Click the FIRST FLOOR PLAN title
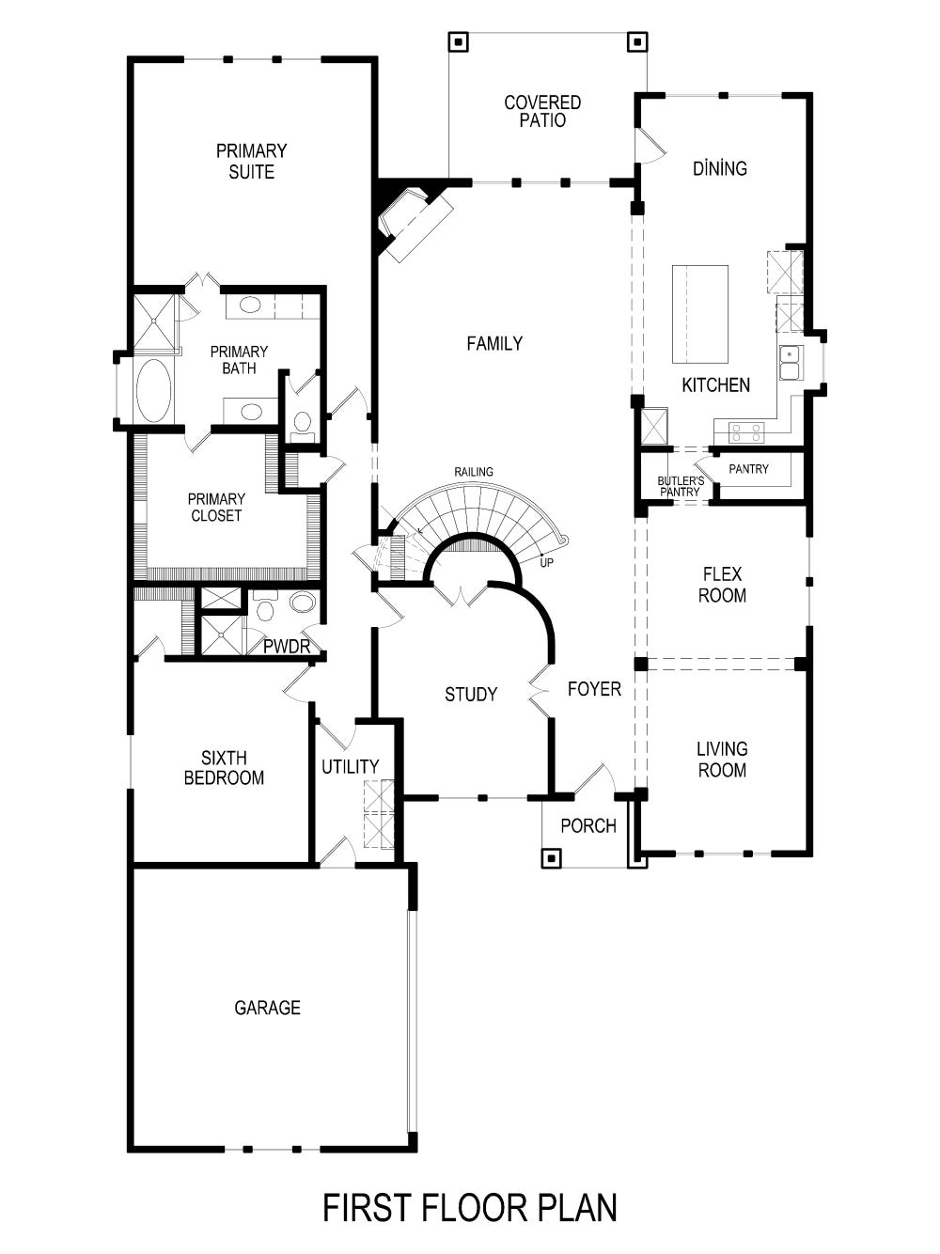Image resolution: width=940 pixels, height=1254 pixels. coord(470,1207)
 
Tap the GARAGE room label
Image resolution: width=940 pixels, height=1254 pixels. coord(267,1008)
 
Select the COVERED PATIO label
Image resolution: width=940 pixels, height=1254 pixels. coord(542,111)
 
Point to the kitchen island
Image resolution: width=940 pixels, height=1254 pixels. coord(699,314)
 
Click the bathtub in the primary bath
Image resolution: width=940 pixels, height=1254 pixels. coord(153,390)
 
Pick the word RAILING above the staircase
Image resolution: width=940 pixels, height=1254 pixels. coord(474,472)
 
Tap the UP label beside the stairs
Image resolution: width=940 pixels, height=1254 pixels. coord(546,562)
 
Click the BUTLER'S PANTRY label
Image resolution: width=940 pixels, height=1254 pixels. coord(680,486)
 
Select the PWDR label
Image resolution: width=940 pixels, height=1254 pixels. coord(287,647)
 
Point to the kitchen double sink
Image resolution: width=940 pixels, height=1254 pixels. coord(790,362)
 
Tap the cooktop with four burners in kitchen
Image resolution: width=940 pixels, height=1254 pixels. coord(747,432)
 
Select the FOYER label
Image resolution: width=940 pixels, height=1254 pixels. coord(594,689)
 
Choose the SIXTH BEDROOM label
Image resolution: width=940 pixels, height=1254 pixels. coord(224,768)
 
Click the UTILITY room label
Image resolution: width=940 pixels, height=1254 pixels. coord(350,767)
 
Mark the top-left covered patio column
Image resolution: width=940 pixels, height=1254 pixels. coord(458,41)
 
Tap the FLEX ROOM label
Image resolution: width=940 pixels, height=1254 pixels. coord(722,585)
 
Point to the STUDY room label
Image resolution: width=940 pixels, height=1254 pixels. coord(471,695)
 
